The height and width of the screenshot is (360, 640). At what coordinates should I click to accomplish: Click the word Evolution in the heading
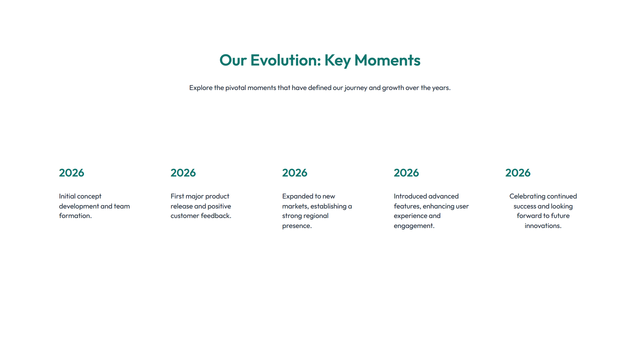point(285,60)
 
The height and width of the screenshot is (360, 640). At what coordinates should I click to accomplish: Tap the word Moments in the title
point(387,60)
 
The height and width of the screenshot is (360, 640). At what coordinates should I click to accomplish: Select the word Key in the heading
point(337,60)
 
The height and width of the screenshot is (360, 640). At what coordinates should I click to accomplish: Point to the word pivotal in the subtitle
point(236,88)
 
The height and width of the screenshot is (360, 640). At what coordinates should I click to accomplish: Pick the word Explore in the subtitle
point(201,88)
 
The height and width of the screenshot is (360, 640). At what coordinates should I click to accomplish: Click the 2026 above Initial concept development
point(72,173)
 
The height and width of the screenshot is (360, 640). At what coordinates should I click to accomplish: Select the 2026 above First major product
point(183,173)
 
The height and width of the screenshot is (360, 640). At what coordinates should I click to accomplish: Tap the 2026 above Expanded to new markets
point(295,173)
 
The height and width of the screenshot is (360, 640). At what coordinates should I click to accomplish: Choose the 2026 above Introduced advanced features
point(406,173)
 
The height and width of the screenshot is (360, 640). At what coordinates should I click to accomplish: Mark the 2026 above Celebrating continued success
point(518,173)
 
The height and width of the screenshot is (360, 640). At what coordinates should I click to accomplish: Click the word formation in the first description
point(75,216)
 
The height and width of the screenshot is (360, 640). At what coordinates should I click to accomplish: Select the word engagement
point(414,226)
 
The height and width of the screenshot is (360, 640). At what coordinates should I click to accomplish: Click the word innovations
point(543,226)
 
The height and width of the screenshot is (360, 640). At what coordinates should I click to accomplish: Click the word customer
point(184,216)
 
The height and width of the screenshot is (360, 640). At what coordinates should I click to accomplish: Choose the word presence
point(296,226)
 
